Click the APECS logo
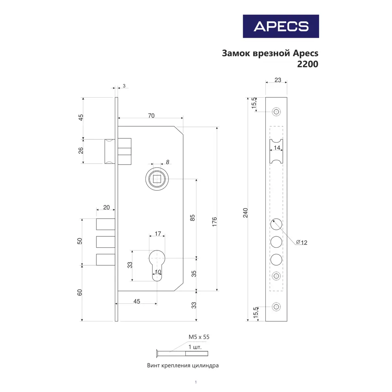click(281, 26)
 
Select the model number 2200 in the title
click(308, 64)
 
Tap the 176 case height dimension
click(214, 221)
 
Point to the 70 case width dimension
click(151, 115)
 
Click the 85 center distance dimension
click(192, 218)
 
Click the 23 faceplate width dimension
click(278, 80)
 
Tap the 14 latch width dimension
click(277, 148)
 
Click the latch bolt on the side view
click(110, 151)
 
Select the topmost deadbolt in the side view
click(105, 224)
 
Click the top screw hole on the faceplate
click(277, 112)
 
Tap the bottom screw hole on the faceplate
click(277, 307)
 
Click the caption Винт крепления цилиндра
click(183, 365)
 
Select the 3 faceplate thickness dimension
click(124, 85)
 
